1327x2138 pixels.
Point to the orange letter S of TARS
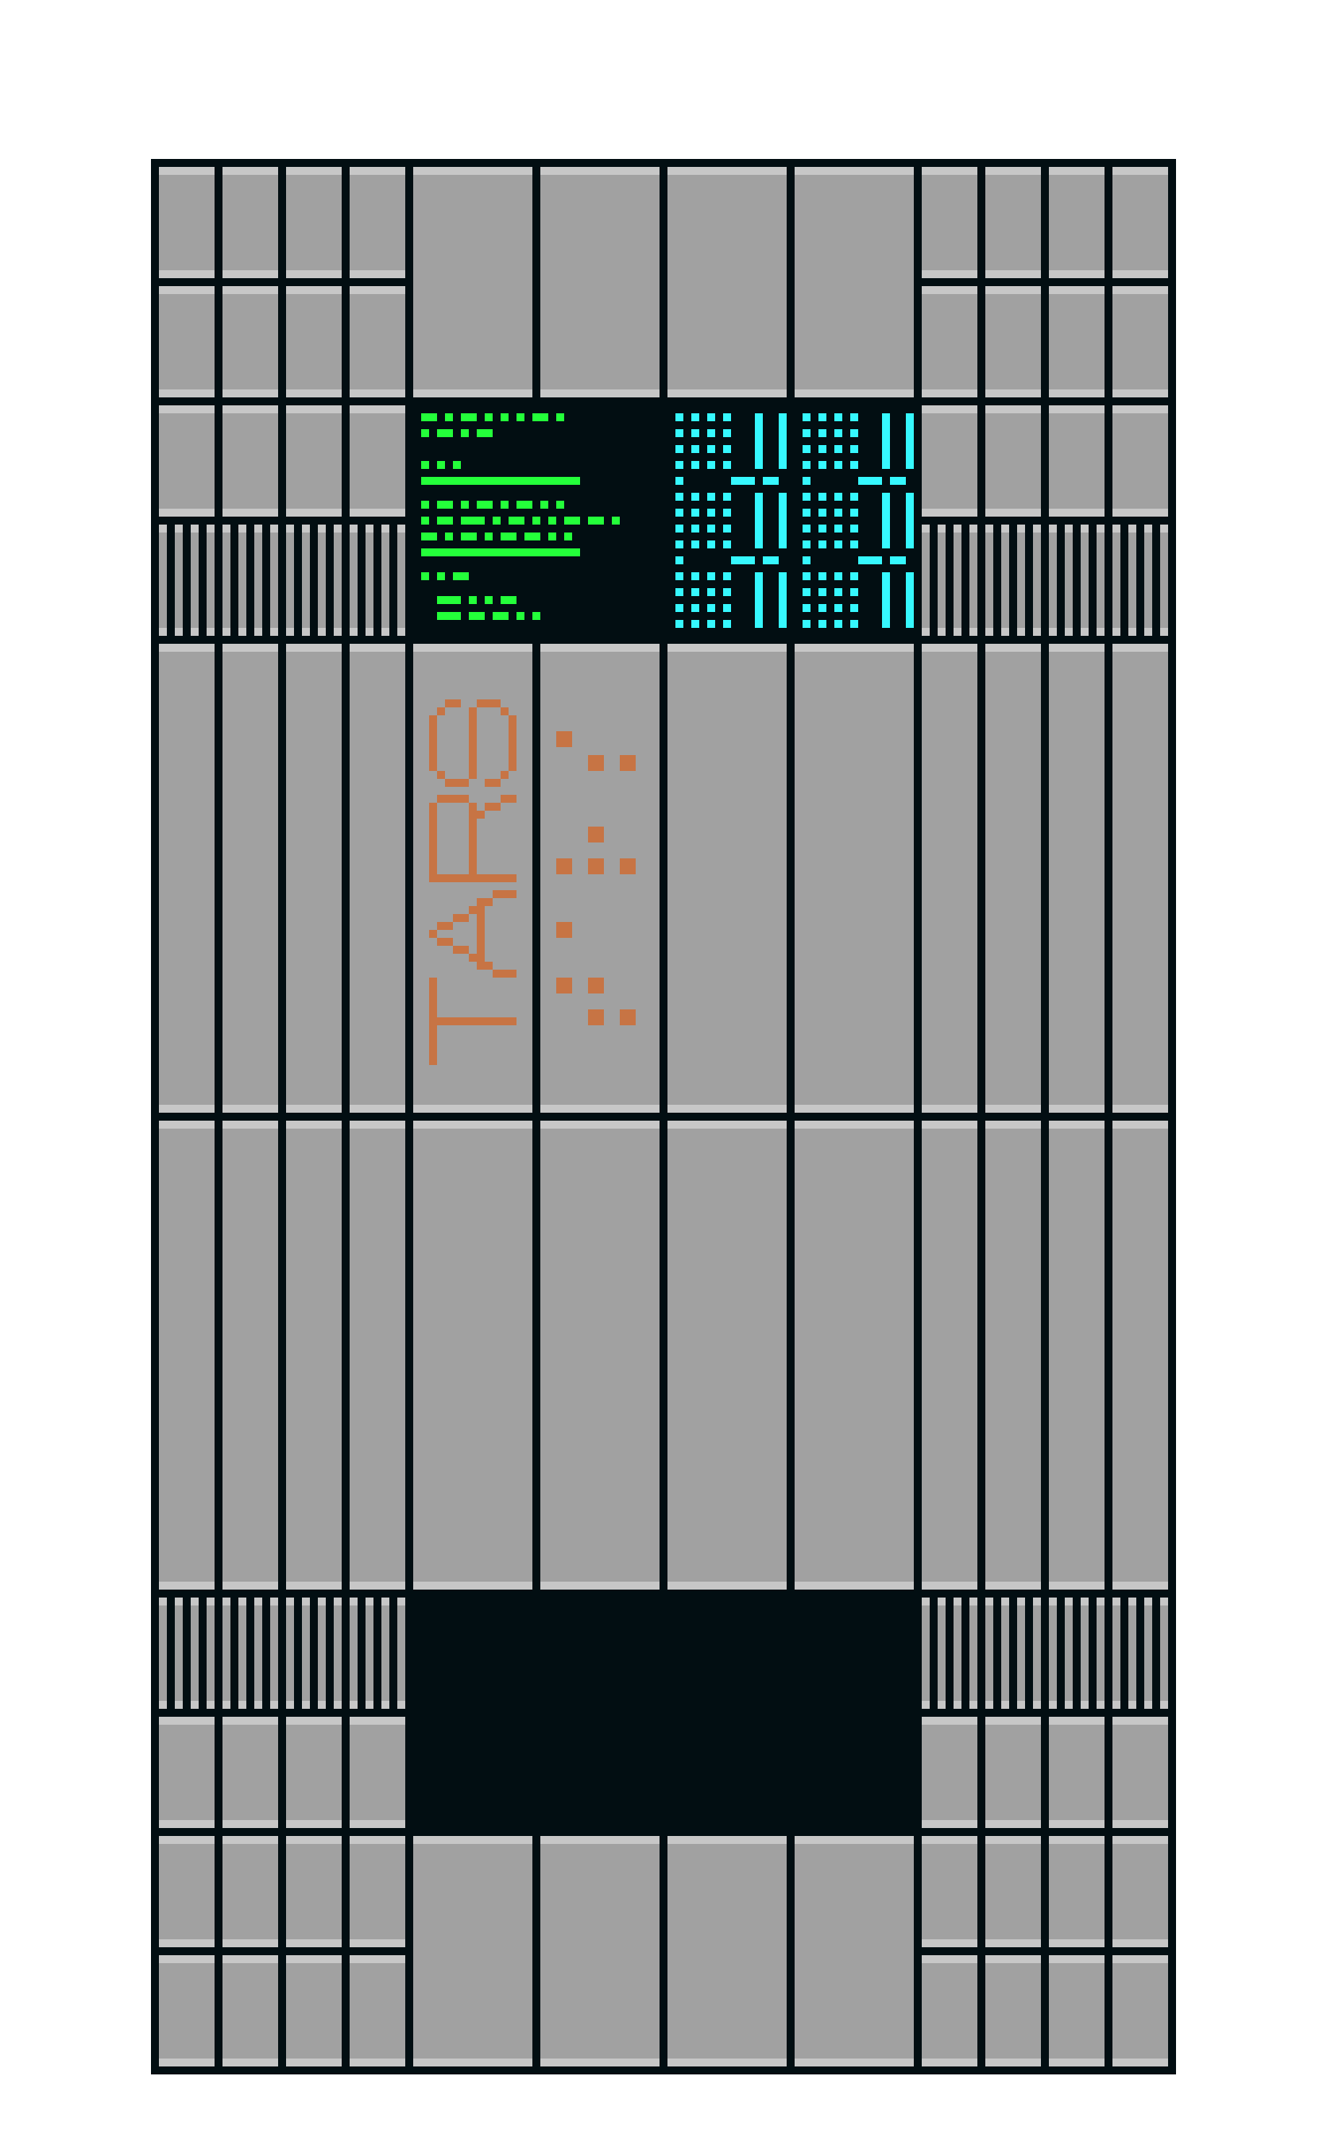click(x=472, y=742)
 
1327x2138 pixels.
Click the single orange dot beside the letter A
click(x=563, y=929)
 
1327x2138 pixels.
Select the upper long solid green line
click(x=501, y=481)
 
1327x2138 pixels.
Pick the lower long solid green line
click(x=501, y=552)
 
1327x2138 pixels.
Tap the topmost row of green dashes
click(x=493, y=417)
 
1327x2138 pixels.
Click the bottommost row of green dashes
click(x=488, y=615)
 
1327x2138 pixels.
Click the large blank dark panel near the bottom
click(x=663, y=1711)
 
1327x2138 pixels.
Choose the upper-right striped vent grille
click(x=1044, y=579)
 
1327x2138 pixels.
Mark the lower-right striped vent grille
click(x=1044, y=1652)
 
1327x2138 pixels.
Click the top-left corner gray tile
click(x=186, y=222)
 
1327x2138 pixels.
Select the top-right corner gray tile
click(x=1140, y=222)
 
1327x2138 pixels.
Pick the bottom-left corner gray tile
click(x=186, y=2010)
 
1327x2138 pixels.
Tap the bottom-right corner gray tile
click(x=1140, y=2010)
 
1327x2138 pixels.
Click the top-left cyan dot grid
click(x=703, y=441)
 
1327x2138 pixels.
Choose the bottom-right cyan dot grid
click(x=830, y=600)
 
